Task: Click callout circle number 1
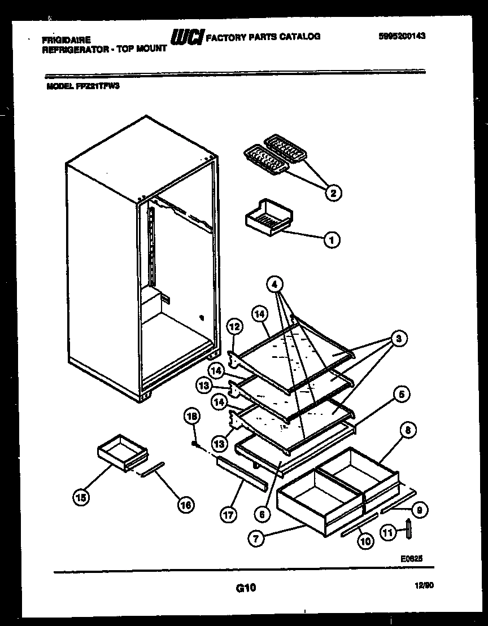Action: (x=332, y=240)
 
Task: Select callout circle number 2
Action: (x=333, y=193)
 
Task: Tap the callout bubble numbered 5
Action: (x=402, y=395)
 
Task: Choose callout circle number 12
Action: (x=234, y=326)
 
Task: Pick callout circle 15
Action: (x=82, y=497)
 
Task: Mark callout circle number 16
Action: (x=185, y=505)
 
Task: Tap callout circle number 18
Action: (x=193, y=417)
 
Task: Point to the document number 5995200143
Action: (x=402, y=36)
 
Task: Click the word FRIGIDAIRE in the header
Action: (x=66, y=40)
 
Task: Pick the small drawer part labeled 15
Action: (x=122, y=451)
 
